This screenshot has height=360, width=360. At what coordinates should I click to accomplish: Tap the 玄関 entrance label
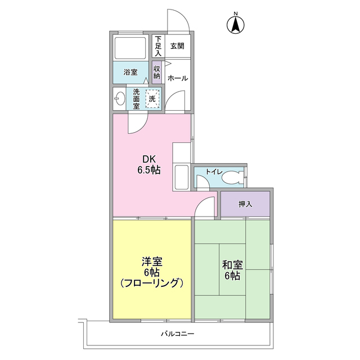[177, 46]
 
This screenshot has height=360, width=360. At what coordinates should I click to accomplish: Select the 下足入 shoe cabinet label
[159, 47]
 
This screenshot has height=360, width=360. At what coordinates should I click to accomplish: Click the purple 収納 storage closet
[157, 72]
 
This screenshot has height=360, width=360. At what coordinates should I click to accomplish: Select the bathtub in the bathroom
[132, 48]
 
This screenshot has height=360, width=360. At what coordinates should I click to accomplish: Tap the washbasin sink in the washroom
[119, 98]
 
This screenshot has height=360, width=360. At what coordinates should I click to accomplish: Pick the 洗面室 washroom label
[136, 98]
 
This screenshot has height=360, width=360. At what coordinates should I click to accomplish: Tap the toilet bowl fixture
[232, 178]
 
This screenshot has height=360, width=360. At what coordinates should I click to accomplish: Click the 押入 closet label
[245, 204]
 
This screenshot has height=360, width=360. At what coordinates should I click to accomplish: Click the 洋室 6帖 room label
[152, 267]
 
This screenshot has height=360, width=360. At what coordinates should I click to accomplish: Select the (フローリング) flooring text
[152, 282]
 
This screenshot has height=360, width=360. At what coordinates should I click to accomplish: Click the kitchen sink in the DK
[182, 178]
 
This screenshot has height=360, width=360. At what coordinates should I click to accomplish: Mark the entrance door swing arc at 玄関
[179, 21]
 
